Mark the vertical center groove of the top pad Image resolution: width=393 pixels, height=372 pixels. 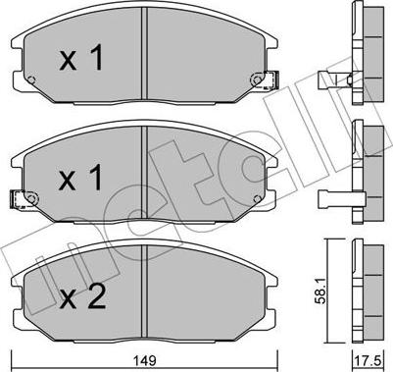(144, 59)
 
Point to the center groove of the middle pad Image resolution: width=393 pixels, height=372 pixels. (144, 177)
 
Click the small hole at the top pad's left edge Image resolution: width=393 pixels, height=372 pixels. (32, 80)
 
